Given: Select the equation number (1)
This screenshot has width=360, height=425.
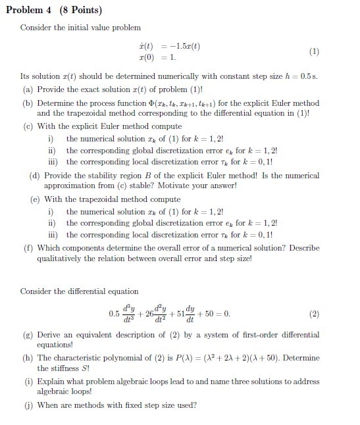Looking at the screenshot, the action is point(314,51).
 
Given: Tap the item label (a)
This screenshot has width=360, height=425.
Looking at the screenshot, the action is point(28,89).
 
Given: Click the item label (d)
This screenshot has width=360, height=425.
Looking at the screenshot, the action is point(36,176).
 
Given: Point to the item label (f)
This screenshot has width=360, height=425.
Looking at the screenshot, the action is point(28,248).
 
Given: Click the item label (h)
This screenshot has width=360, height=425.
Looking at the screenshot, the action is point(28,358).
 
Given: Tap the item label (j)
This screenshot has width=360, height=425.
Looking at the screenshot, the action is point(28,405).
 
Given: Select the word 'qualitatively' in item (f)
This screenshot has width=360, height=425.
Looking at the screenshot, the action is point(59,259).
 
